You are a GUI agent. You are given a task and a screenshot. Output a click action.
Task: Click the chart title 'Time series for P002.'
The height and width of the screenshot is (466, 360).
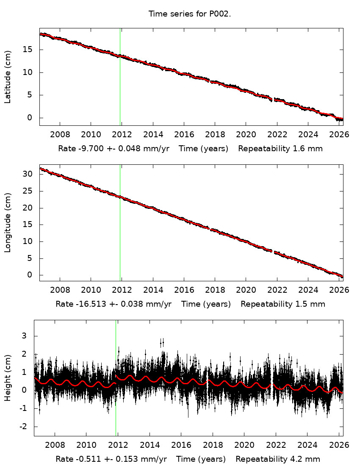click(x=189, y=14)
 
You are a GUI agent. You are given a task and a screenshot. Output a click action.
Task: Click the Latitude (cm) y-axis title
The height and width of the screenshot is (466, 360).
click(x=8, y=77)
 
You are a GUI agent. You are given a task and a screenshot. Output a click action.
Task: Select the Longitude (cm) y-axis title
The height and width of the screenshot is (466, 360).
click(x=8, y=223)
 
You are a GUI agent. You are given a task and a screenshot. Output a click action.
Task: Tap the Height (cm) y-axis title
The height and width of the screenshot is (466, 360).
click(x=8, y=378)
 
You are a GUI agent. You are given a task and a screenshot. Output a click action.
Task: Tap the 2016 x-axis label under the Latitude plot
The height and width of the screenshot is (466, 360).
click(x=184, y=135)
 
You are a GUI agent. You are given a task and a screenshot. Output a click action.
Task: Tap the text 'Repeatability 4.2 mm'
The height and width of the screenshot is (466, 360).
click(x=277, y=459)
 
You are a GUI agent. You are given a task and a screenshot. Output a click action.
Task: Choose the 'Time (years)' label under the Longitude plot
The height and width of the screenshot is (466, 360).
click(x=206, y=304)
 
